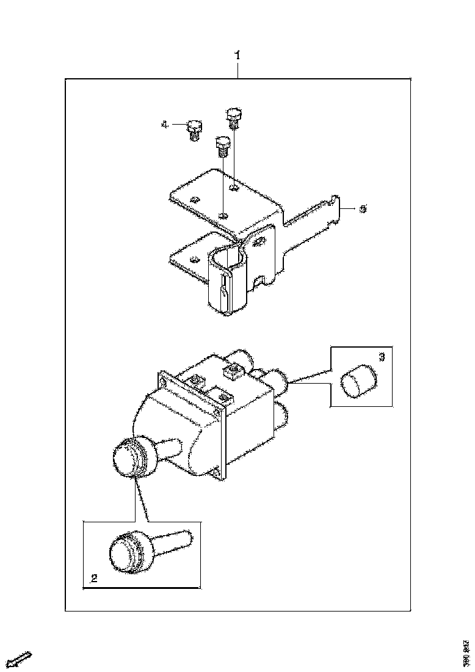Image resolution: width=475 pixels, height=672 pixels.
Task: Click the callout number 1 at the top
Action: (x=238, y=56)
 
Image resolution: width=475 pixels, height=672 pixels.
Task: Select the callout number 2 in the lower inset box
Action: (x=93, y=578)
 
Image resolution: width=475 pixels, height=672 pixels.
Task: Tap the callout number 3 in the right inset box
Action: (x=382, y=356)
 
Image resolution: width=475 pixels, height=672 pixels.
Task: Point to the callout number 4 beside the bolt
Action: (x=164, y=125)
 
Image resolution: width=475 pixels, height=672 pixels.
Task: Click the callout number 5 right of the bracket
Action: (x=363, y=209)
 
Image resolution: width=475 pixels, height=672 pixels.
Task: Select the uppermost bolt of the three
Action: (x=233, y=117)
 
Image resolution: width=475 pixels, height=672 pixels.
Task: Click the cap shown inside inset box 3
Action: (x=357, y=379)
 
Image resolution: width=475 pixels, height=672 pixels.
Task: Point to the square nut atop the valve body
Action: (x=233, y=371)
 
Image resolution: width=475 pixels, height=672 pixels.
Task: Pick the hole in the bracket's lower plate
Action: (x=194, y=259)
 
